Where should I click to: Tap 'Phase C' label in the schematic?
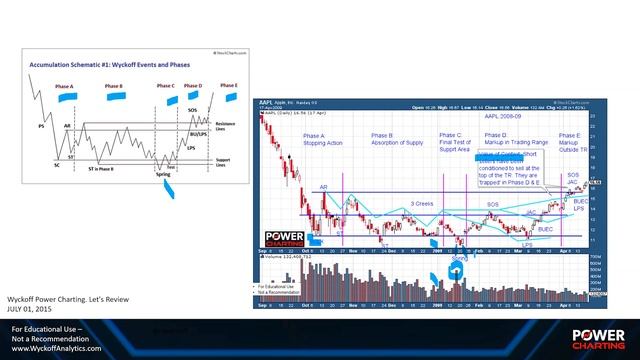pyautogui.click(x=166, y=86)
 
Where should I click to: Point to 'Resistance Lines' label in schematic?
pyautogui.click(x=225, y=124)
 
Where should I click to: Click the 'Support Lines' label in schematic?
pyautogui.click(x=224, y=159)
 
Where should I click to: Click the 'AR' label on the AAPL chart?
pyautogui.click(x=324, y=187)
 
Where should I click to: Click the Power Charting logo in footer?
pyautogui.click(x=598, y=337)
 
